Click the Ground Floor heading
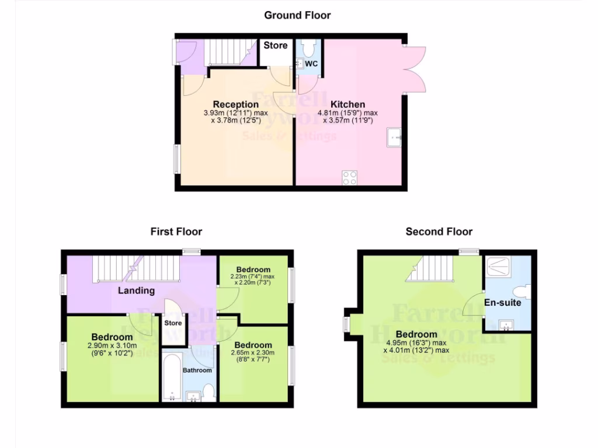[x=297, y=15]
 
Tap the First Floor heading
[x=176, y=232]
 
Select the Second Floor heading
[x=439, y=232]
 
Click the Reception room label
[x=235, y=104]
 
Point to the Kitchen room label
[x=348, y=104]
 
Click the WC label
[x=311, y=64]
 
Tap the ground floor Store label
[x=276, y=45]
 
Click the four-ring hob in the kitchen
[x=349, y=177]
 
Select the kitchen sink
[x=394, y=138]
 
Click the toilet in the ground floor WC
[x=308, y=46]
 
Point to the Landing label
[x=137, y=290]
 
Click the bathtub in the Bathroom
[x=171, y=376]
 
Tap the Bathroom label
[x=197, y=370]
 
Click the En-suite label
[x=502, y=303]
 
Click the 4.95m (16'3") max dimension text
[x=416, y=342]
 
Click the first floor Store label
[x=173, y=323]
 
